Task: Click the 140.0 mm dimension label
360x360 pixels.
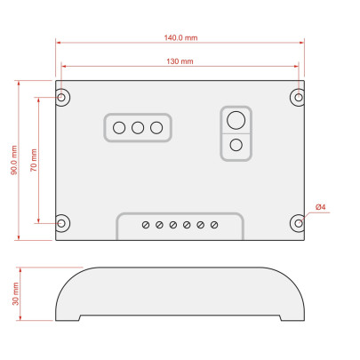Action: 180,38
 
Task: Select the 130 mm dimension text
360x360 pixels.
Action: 180,61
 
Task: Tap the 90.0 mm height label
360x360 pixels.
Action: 14,160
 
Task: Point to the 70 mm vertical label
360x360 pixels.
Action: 34,160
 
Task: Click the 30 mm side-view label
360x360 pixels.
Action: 15,293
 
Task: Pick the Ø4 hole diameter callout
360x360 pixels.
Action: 321,207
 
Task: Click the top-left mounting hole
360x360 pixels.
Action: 61,97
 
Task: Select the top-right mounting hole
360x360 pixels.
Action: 299,97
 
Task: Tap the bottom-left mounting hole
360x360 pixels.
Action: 61,223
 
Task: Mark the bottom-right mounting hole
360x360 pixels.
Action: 299,223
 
